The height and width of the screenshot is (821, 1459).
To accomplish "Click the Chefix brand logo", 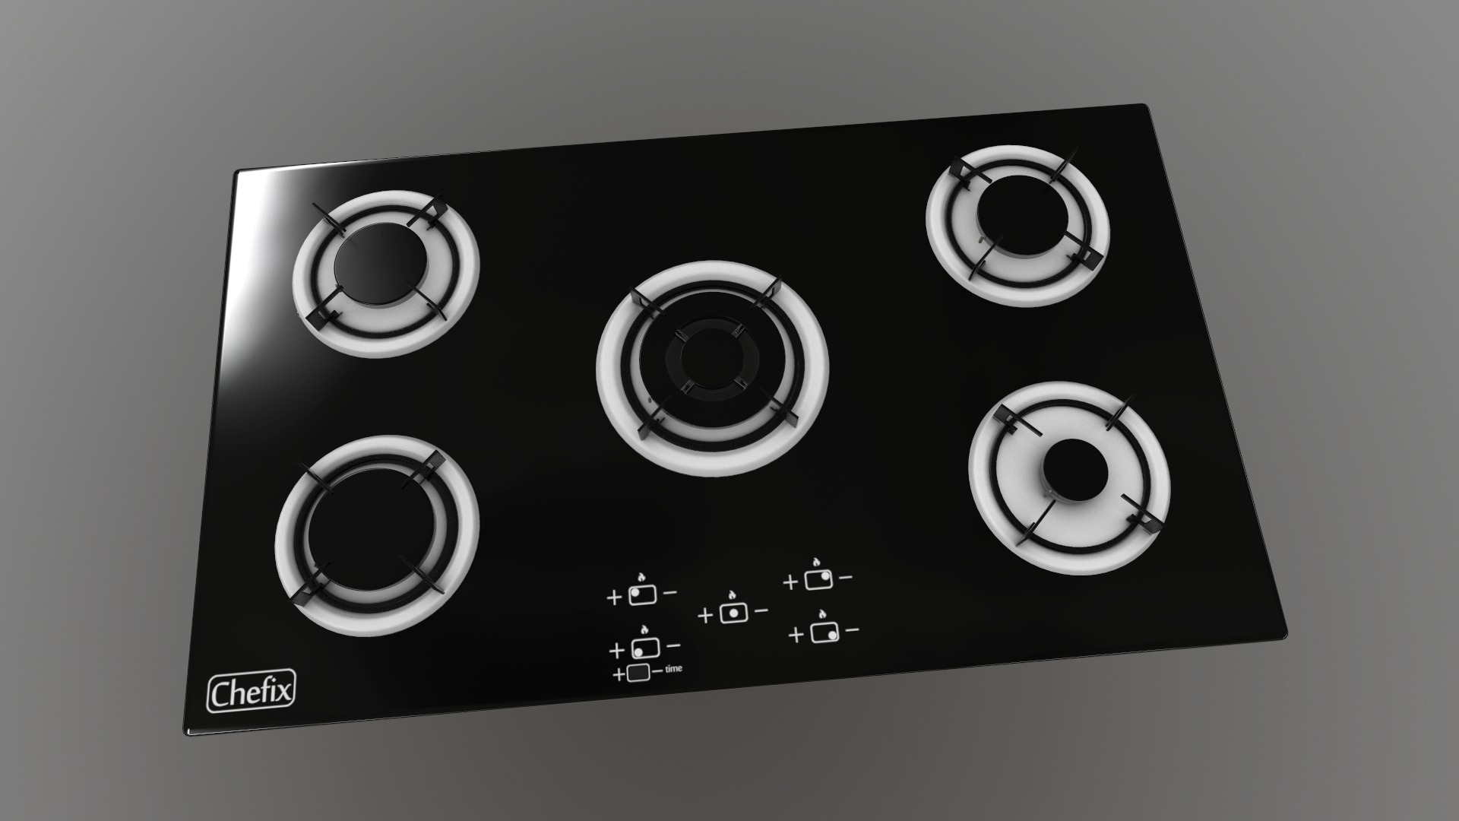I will tap(252, 692).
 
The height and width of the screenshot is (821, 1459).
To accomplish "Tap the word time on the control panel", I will tap(673, 669).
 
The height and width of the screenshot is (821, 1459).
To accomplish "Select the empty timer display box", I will tap(639, 674).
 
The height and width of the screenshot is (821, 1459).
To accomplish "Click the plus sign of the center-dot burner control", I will tap(705, 615).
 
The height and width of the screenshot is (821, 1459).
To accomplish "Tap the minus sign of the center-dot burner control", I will tap(760, 610).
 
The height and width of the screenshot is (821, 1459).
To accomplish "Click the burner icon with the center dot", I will tap(733, 613).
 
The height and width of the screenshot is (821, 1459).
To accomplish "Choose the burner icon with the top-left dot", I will tap(642, 595).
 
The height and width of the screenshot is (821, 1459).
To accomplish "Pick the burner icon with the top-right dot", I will tap(818, 580).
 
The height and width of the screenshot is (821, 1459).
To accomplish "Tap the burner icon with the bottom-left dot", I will tap(644, 648).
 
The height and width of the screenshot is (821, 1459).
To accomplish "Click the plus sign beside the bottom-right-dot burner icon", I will tap(796, 635).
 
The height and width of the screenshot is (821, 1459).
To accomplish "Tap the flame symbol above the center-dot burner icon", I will tap(731, 595).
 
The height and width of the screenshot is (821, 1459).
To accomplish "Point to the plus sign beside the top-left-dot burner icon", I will tap(614, 598).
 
